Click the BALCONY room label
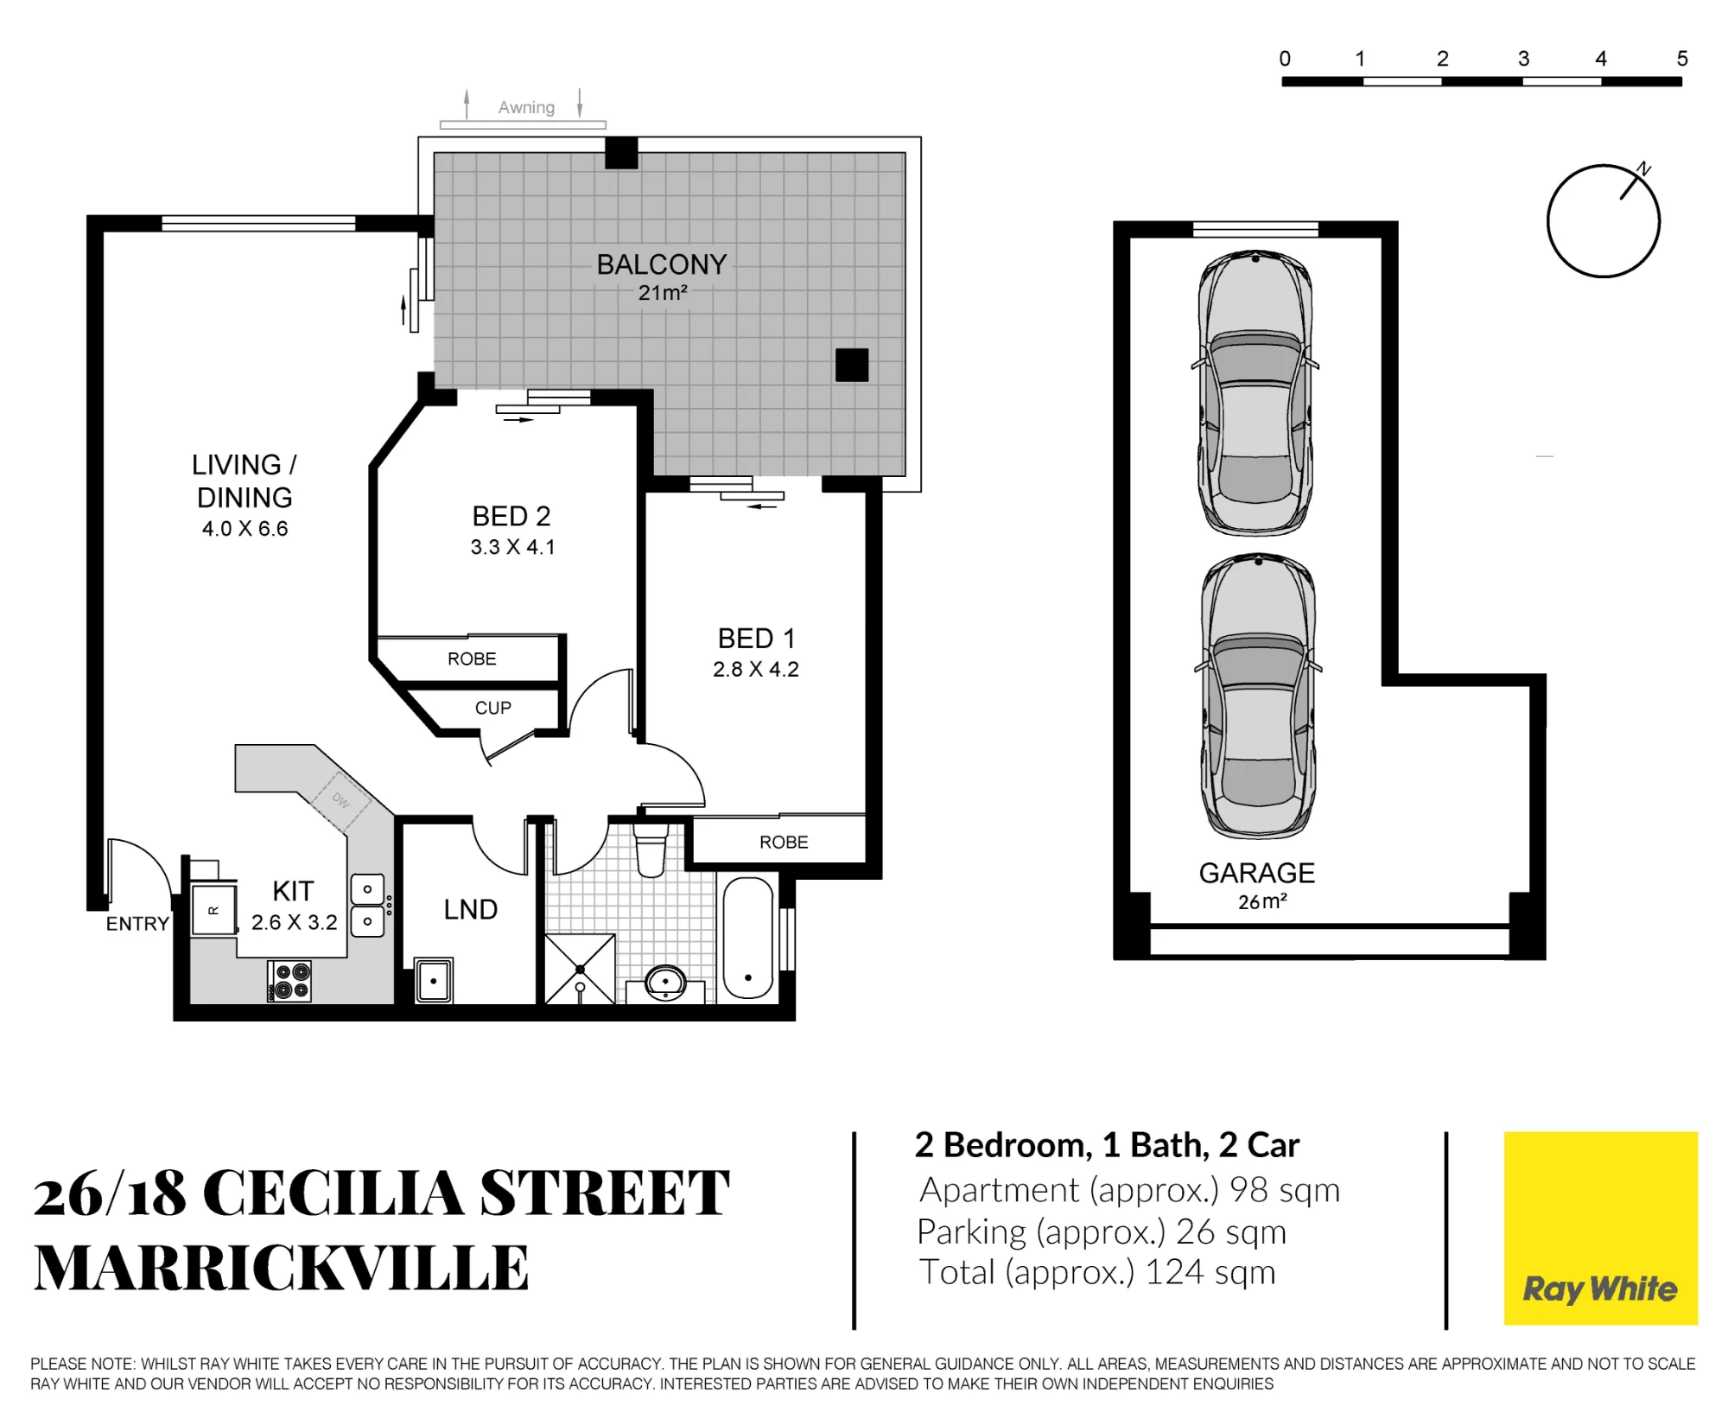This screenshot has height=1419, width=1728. (x=662, y=264)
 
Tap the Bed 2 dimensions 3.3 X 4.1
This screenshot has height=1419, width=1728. (x=512, y=547)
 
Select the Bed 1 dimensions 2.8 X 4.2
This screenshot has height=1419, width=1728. (x=756, y=670)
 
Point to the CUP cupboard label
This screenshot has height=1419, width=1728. (x=493, y=708)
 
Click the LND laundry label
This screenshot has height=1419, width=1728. (x=471, y=909)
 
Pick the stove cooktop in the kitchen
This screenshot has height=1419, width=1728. (x=289, y=982)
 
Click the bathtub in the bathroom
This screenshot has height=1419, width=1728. (x=747, y=939)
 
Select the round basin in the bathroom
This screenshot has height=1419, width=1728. (x=666, y=983)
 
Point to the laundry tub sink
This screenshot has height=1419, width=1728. (x=434, y=980)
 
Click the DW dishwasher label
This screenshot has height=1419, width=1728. (x=341, y=801)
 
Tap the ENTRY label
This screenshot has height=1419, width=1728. (x=137, y=924)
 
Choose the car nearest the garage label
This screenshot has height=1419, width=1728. (x=1259, y=697)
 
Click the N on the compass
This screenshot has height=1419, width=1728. (x=1643, y=169)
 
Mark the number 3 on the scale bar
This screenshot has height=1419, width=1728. (x=1523, y=59)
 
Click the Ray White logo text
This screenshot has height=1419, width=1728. (x=1600, y=1289)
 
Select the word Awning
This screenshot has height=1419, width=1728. (x=526, y=108)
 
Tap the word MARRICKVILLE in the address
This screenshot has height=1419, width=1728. (x=282, y=1268)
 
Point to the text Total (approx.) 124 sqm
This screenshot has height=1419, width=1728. (x=1096, y=1272)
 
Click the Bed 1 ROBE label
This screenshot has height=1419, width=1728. (x=784, y=842)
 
